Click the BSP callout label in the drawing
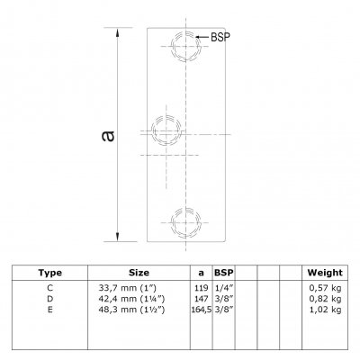pyautogui.click(x=220, y=37)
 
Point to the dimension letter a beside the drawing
pyautogui.click(x=108, y=136)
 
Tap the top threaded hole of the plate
pyautogui.click(x=186, y=46)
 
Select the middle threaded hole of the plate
pyautogui.click(x=166, y=130)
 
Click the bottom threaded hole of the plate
pyautogui.click(x=186, y=222)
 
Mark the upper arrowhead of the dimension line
pyautogui.click(x=118, y=32)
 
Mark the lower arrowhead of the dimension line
pyautogui.click(x=118, y=236)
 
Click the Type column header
pyautogui.click(x=50, y=273)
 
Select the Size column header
pyautogui.click(x=139, y=273)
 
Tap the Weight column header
pyautogui.click(x=325, y=273)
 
